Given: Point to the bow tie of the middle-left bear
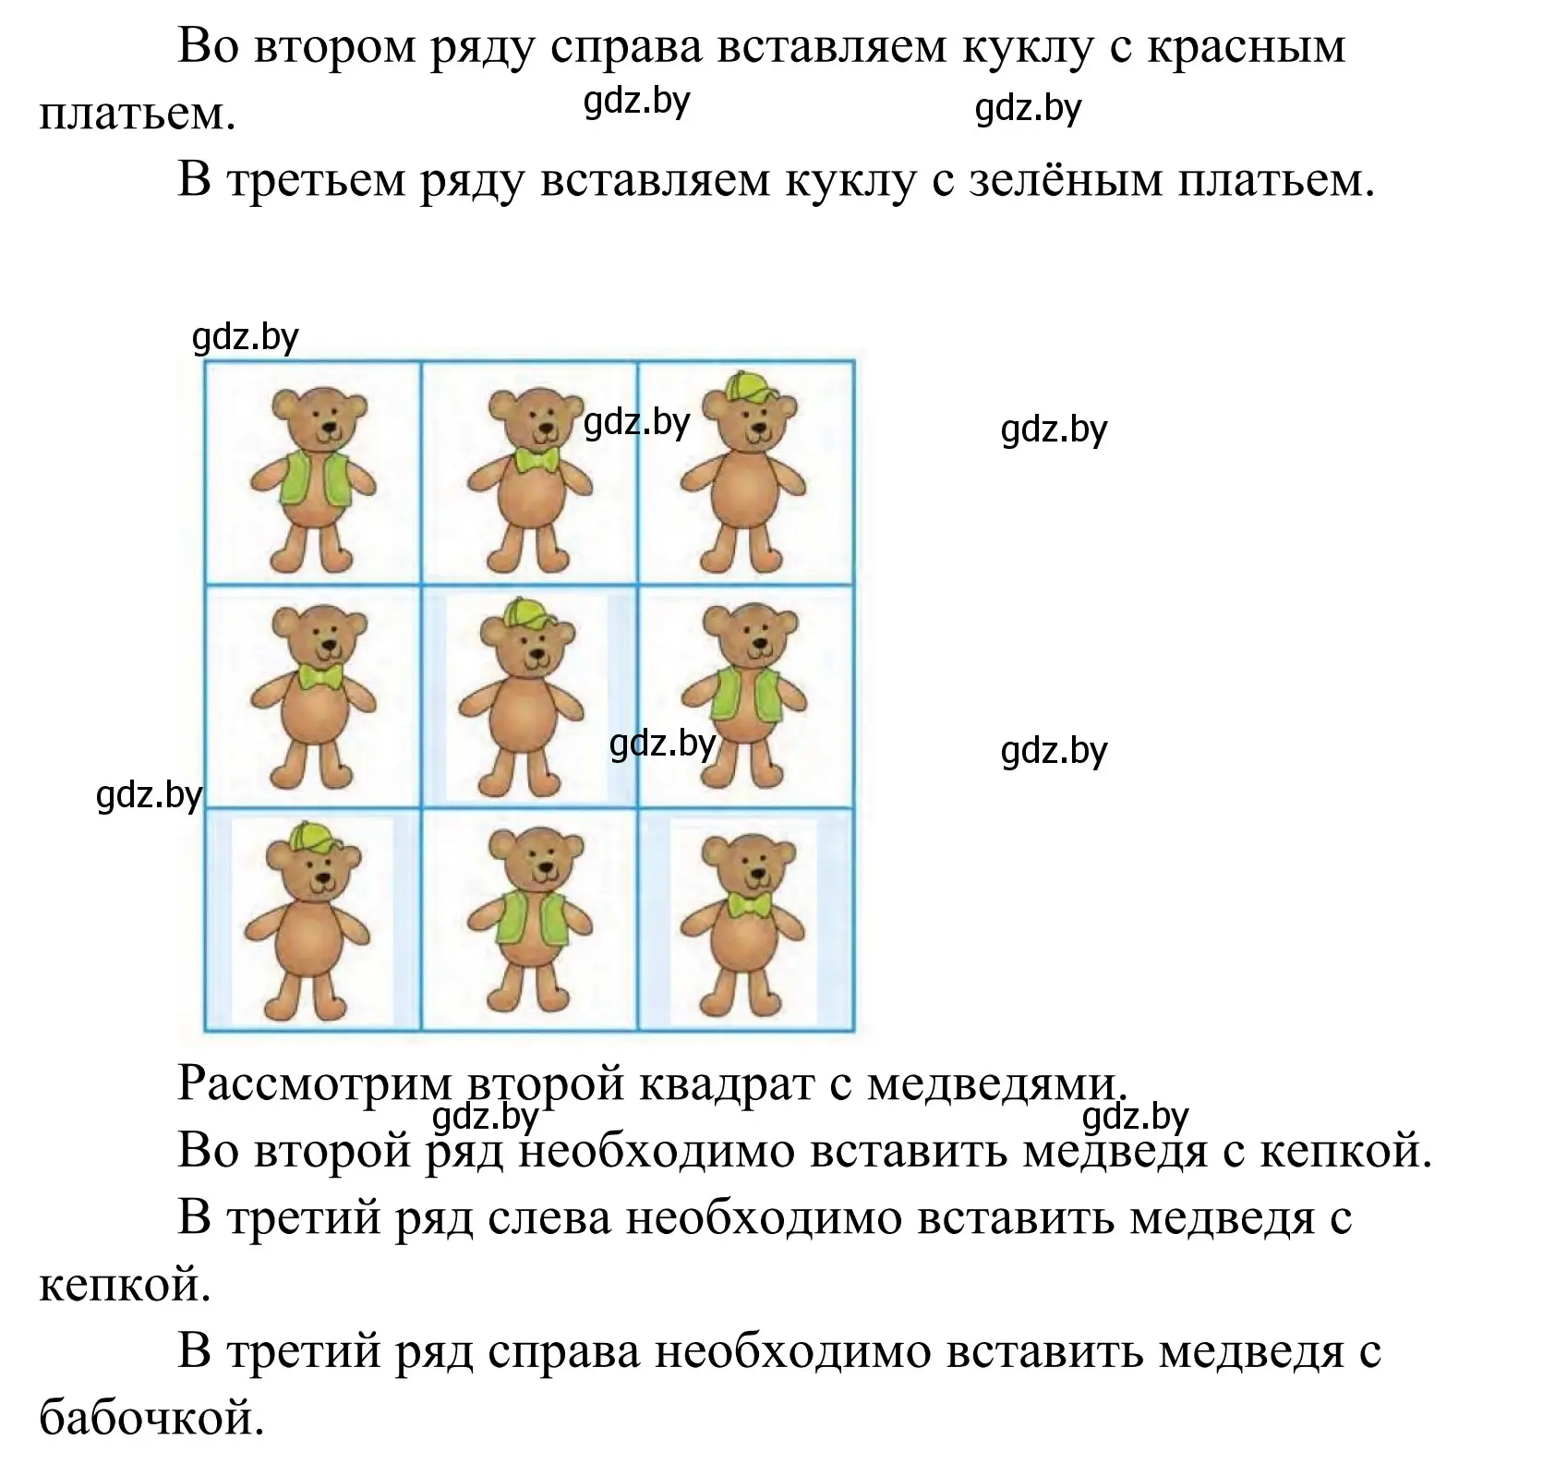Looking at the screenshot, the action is coord(320,677).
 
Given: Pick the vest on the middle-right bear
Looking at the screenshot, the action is coord(746,694).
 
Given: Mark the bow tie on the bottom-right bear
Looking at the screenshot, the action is coord(749,904).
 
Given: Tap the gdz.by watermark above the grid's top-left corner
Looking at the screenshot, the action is coord(245,339).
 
